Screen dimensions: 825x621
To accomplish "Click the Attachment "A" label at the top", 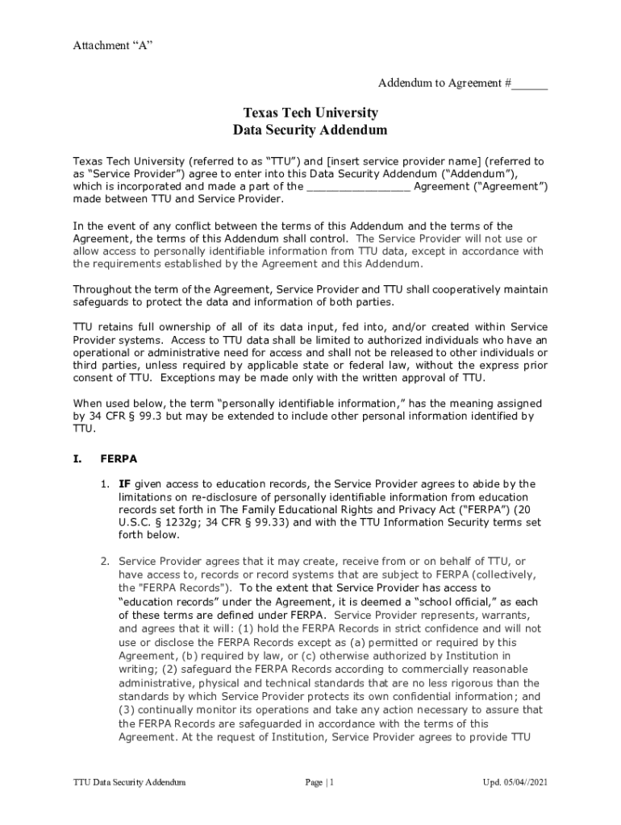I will [x=113, y=45].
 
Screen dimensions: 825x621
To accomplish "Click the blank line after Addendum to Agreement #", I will [x=530, y=84].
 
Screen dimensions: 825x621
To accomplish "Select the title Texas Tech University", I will [x=310, y=113].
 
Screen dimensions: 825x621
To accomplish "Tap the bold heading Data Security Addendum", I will [x=310, y=130].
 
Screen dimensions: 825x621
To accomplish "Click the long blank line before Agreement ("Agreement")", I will [x=358, y=187].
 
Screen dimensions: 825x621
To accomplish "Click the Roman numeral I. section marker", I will [x=77, y=458].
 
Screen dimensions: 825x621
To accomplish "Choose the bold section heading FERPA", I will [x=119, y=458].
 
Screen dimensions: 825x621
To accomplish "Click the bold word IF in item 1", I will [x=125, y=483].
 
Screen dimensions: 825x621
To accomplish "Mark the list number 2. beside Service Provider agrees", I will [x=105, y=561].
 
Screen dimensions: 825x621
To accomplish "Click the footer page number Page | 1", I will [x=319, y=782].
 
